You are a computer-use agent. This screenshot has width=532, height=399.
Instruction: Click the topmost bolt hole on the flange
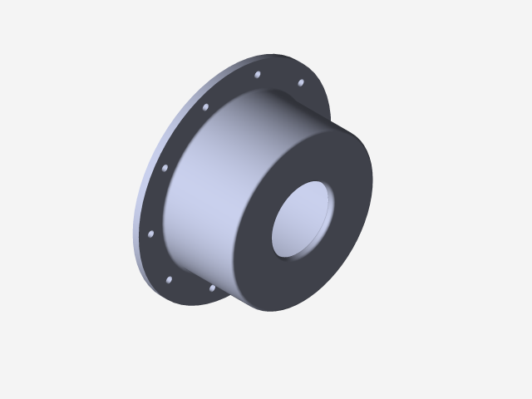pos(257,75)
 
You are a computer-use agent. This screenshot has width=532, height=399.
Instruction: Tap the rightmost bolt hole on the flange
pos(300,82)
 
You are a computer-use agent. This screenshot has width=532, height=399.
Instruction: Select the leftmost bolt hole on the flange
pos(150,234)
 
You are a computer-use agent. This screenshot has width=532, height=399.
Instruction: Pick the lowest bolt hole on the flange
pos(212,288)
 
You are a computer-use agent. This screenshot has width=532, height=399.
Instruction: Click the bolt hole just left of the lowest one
pos(170,279)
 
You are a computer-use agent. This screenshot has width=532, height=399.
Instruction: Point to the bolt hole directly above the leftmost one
pos(164,168)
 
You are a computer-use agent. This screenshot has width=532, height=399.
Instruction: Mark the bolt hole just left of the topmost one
pos(205,106)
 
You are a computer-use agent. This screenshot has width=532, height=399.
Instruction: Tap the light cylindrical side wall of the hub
pos(208,199)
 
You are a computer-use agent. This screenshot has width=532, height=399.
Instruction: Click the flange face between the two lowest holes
pos(190,288)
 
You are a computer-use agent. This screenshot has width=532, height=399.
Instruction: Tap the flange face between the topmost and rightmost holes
pos(280,76)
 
